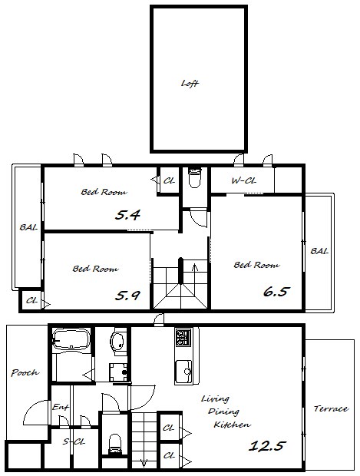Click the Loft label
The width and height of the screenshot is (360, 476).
[x=190, y=83]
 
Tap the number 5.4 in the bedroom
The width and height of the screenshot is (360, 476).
[x=127, y=215]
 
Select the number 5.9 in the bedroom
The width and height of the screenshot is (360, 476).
[x=127, y=296]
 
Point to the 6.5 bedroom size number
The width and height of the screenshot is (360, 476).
[x=275, y=292]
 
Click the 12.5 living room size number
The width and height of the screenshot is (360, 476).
[x=267, y=445]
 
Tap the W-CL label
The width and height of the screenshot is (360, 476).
[x=244, y=181]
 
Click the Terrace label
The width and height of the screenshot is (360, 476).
[x=331, y=408]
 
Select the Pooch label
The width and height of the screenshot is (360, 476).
[x=25, y=372]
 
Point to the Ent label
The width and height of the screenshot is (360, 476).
[x=61, y=407]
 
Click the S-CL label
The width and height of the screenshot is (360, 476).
[x=74, y=441]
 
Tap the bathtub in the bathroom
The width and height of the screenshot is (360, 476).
[x=71, y=340]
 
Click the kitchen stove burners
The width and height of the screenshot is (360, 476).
[x=183, y=337]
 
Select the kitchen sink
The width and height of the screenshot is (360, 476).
[x=183, y=372]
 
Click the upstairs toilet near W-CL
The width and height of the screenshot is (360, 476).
[x=194, y=177]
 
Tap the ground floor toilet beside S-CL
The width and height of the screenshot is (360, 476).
[x=115, y=444]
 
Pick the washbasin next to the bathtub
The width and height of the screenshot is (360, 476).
[x=117, y=342]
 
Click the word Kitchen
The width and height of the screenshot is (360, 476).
[x=233, y=425]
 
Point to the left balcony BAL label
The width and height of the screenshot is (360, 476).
[x=28, y=227]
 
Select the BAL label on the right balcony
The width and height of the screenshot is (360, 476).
[x=319, y=251]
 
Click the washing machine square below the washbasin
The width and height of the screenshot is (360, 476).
[x=118, y=372]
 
